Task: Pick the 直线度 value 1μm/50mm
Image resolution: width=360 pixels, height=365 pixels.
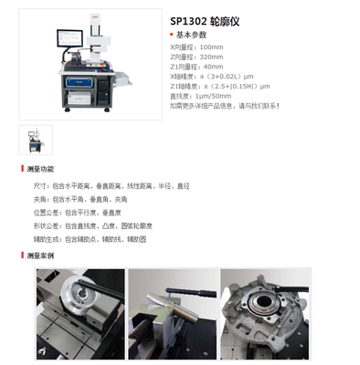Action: [214, 96]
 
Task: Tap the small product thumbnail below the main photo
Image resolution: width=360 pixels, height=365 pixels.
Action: [35, 138]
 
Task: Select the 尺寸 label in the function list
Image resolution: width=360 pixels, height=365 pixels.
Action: [42, 185]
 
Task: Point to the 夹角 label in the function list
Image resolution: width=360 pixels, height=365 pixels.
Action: [42, 198]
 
